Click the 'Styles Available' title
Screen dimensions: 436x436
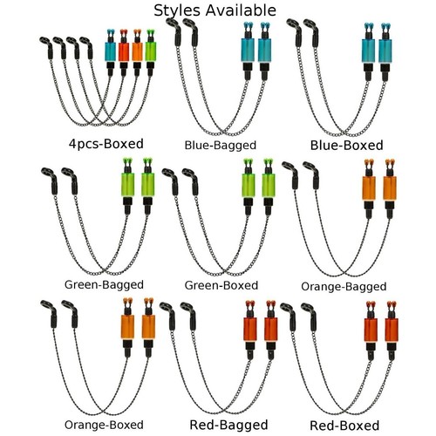coord(215,10)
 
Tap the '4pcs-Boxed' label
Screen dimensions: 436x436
coord(106,144)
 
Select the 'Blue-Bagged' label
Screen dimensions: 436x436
coord(221,145)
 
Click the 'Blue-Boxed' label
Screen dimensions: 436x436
coord(347,145)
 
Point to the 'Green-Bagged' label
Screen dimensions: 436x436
coord(104,284)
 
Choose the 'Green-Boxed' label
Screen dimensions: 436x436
coord(221,285)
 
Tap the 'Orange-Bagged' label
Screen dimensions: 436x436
coord(344,287)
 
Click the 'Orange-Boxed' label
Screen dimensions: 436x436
coord(104,425)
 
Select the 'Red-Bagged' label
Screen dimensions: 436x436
coord(228,425)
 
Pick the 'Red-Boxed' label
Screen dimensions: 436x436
coord(344,426)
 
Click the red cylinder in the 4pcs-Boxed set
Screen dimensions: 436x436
coord(124,52)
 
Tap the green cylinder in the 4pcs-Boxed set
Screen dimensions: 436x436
coord(151,51)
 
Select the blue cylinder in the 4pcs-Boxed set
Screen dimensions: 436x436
coord(110,52)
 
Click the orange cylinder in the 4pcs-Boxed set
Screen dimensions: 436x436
coord(137,52)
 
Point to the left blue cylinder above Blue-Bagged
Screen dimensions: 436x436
coord(248,50)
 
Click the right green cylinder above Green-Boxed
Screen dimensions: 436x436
coord(269,186)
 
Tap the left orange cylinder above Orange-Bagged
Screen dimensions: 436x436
coord(369,188)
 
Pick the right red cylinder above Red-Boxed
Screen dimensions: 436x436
coord(392,330)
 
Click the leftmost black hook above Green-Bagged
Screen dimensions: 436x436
coord(50,181)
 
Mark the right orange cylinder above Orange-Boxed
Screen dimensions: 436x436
coord(148,327)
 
